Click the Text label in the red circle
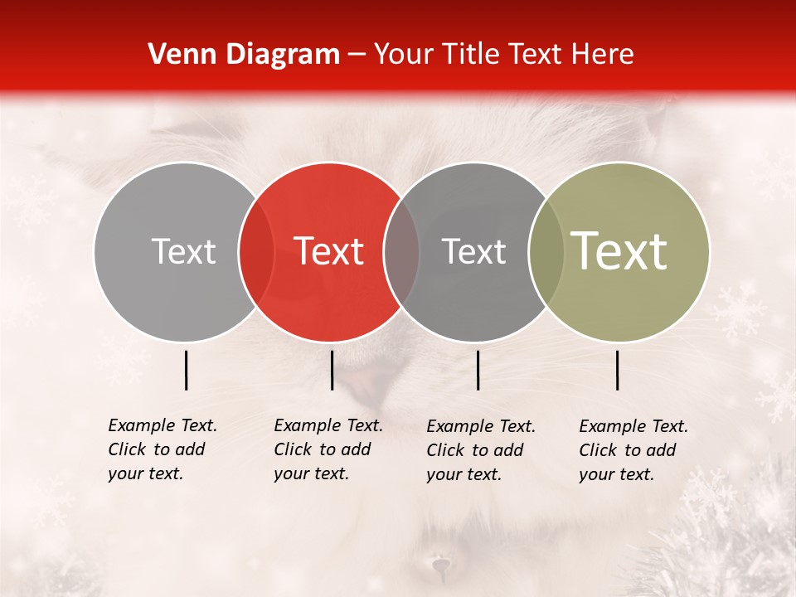point(329,251)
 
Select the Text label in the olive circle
point(619,251)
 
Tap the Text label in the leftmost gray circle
point(184,251)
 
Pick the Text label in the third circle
point(474,251)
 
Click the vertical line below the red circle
point(332,370)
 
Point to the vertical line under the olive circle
point(618,370)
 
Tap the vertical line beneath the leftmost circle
point(186,370)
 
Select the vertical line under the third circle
point(478,370)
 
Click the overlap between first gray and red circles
point(256,251)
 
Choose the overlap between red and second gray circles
point(401,251)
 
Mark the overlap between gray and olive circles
point(546,251)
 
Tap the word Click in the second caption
point(292,449)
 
